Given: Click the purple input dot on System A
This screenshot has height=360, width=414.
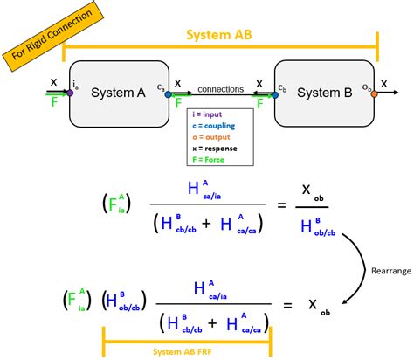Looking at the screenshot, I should (x=70, y=93).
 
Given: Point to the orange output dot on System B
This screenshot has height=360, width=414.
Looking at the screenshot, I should (x=374, y=93).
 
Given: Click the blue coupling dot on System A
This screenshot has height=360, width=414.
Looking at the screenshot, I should (x=169, y=93).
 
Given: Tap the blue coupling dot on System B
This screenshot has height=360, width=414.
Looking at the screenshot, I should (x=275, y=93).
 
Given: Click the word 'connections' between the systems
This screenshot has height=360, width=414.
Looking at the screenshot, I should (x=221, y=89).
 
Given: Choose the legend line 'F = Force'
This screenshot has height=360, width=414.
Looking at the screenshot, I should (x=211, y=158).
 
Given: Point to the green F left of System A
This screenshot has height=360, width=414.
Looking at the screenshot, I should (x=53, y=102).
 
